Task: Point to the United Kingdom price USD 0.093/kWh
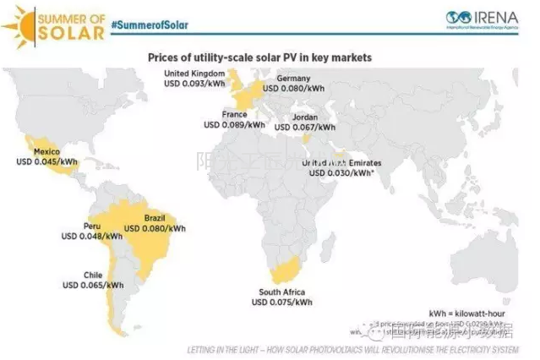195,85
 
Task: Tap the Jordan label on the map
305,117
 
